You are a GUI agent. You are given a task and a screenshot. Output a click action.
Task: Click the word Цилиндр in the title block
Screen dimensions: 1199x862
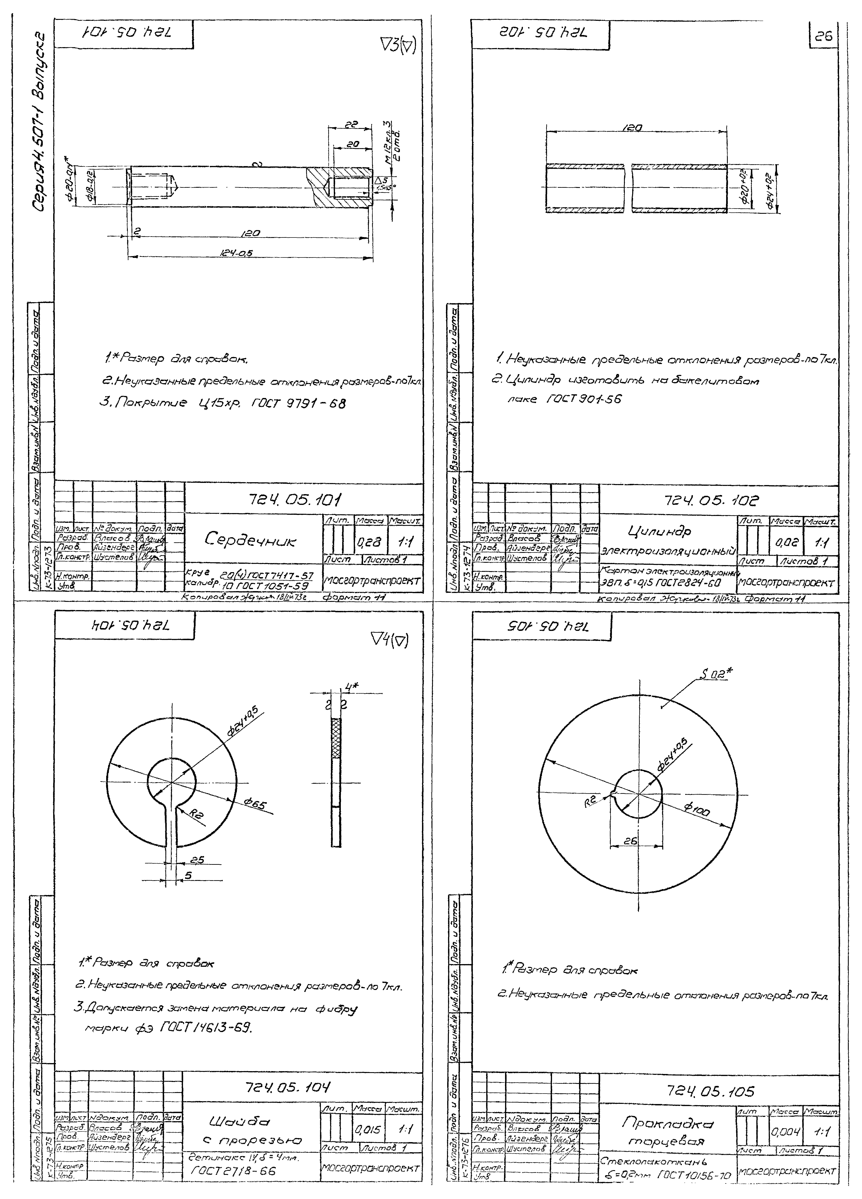(x=660, y=530)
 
